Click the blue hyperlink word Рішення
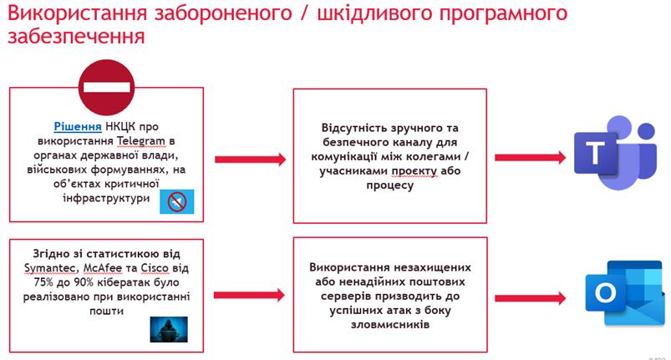click(78, 127)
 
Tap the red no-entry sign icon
click(107, 87)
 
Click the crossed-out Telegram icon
click(177, 202)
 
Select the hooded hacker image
click(169, 329)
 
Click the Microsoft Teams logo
click(615, 153)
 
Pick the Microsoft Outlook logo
click(625, 293)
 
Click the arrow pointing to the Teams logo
click(530, 158)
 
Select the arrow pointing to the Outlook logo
click(530, 298)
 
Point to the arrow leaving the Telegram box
click(251, 160)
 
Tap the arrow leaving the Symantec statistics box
click(249, 295)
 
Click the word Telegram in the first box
click(140, 141)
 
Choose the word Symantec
click(50, 268)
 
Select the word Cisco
click(155, 268)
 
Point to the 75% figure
click(43, 282)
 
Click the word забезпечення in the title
click(76, 36)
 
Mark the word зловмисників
click(390, 325)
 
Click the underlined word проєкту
click(414, 171)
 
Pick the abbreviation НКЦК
click(120, 127)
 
